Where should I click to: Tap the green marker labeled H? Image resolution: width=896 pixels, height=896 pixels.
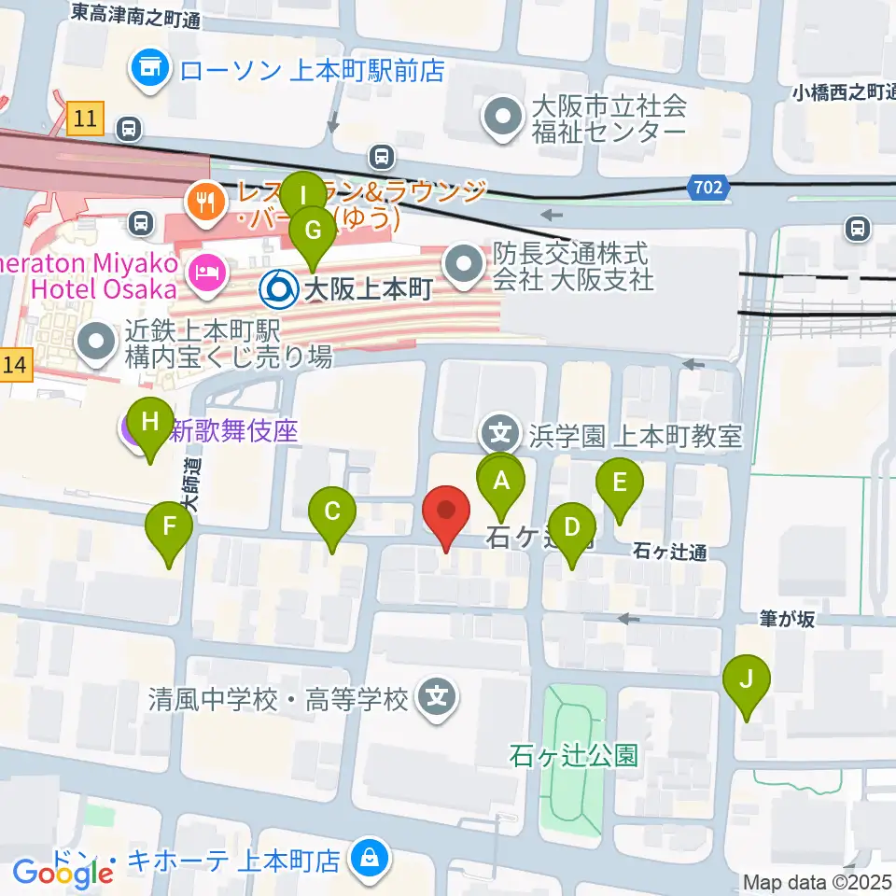point(149,423)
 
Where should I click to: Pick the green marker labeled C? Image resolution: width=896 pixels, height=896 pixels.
point(332,512)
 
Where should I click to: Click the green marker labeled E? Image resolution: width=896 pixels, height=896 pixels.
point(619,484)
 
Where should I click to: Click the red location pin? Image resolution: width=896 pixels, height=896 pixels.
point(446,512)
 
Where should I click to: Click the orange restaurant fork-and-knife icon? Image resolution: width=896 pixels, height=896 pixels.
point(203,197)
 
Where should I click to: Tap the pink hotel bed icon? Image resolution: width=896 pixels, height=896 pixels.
point(203,273)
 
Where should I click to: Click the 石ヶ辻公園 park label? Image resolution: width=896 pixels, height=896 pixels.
point(573,754)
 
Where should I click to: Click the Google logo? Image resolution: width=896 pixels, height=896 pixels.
point(63,873)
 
